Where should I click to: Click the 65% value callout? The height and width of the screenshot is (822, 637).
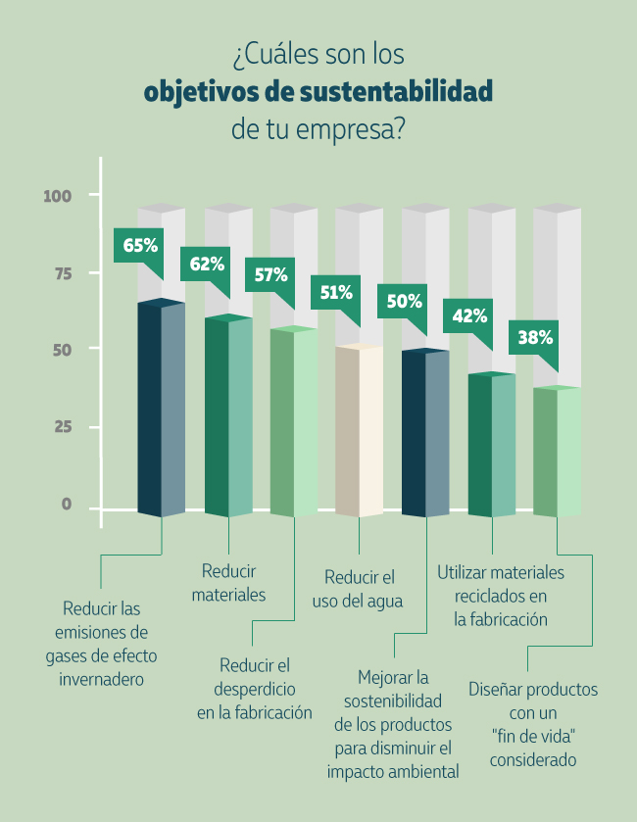click(138, 244)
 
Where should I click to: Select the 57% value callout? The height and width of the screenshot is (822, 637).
click(271, 275)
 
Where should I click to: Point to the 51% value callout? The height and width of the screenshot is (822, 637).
click(337, 292)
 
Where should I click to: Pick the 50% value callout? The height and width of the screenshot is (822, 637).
click(404, 301)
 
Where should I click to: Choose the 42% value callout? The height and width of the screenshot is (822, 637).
click(469, 315)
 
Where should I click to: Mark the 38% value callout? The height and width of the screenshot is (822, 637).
click(535, 337)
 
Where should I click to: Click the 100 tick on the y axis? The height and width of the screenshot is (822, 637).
click(59, 196)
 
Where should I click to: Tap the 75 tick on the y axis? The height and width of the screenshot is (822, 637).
click(63, 273)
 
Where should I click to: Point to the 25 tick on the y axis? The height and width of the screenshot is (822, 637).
click(63, 427)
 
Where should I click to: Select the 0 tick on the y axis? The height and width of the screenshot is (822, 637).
click(67, 504)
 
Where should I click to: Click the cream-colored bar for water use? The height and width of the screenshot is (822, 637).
click(358, 431)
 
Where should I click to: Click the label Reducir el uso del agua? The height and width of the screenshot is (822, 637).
click(358, 589)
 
